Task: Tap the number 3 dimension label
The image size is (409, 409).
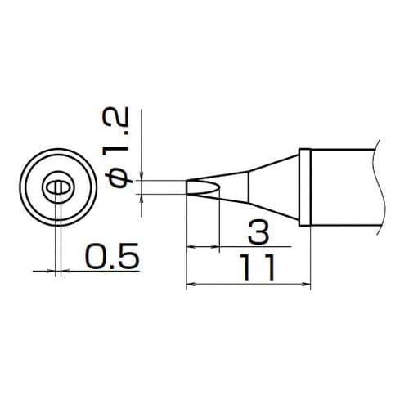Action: (x=257, y=235)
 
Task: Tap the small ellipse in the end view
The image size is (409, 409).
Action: (x=57, y=189)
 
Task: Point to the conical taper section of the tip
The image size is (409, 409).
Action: (x=274, y=187)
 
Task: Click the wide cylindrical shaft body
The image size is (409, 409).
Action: (x=344, y=187)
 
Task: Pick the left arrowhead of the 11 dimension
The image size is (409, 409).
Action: (x=192, y=285)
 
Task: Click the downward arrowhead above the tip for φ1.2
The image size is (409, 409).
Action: (x=142, y=174)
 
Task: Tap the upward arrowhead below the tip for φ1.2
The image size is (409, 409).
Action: (x=142, y=196)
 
